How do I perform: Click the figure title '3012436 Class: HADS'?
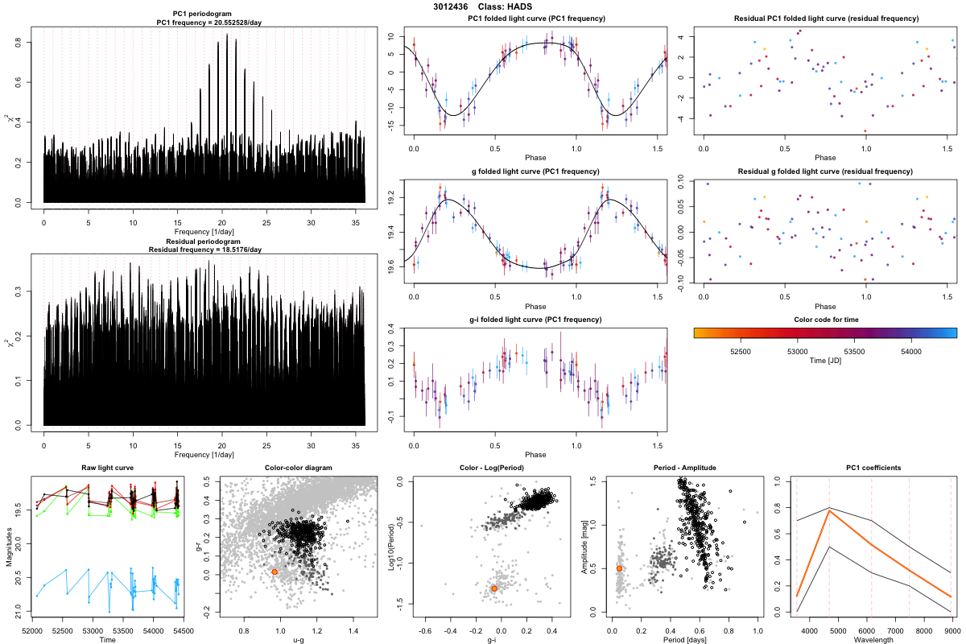pos(482,6)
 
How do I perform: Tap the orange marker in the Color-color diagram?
pos(275,572)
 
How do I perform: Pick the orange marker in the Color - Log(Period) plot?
pos(494,588)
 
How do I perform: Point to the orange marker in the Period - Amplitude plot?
pos(619,568)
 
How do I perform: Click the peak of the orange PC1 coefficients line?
pos(828,510)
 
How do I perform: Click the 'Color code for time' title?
pos(825,320)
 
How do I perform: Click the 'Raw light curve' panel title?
pos(107,469)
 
